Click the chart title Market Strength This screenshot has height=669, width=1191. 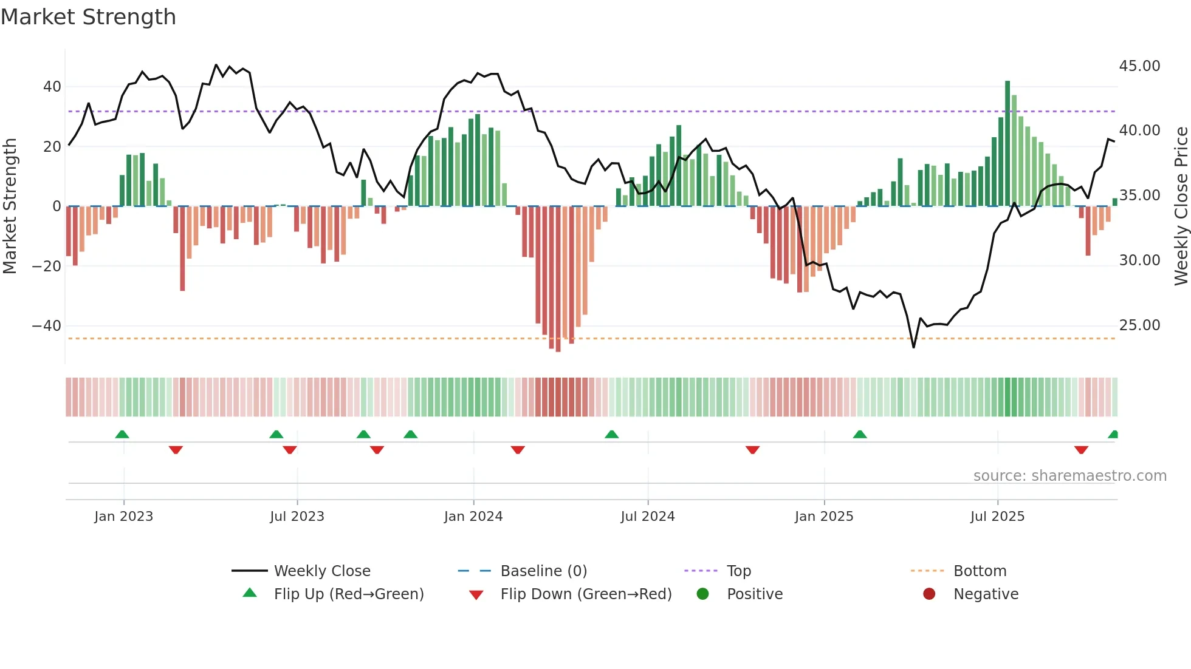(88, 17)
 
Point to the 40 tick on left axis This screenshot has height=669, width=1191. (52, 87)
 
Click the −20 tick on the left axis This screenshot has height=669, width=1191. (47, 267)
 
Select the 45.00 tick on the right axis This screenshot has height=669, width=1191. (1139, 66)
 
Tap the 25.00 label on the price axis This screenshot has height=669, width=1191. (1139, 325)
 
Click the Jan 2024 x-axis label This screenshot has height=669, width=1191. (473, 517)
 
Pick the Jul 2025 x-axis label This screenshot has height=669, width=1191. (997, 517)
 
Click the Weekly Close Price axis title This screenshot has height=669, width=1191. (1181, 206)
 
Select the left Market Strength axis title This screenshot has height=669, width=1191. (10, 206)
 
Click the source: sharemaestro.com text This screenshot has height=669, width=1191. (1069, 476)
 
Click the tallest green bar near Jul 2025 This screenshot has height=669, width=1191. (1007, 143)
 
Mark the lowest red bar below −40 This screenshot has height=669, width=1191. (558, 279)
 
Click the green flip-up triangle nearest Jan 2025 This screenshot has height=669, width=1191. (860, 434)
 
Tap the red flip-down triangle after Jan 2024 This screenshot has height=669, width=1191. (518, 450)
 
